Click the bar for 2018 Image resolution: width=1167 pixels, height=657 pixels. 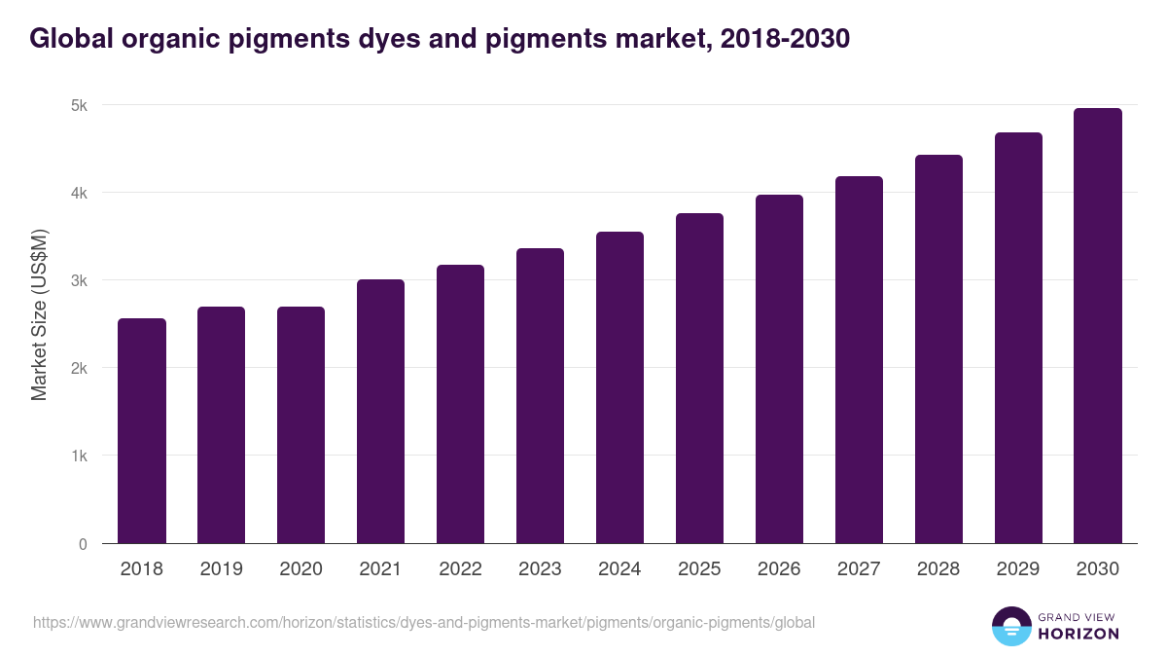click(x=142, y=430)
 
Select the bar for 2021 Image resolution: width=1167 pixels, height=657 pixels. click(x=380, y=411)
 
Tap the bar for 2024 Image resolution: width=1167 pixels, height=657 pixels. click(x=619, y=387)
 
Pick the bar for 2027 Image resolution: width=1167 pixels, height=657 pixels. click(x=859, y=359)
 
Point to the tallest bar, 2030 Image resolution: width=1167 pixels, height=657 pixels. click(x=1098, y=325)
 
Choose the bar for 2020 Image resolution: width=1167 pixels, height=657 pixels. click(x=301, y=424)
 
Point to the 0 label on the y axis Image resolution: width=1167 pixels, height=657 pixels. click(x=84, y=544)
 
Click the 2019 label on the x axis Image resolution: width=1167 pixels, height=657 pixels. click(x=221, y=569)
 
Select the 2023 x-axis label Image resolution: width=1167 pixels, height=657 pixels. click(x=540, y=569)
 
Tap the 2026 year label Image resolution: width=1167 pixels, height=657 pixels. click(x=779, y=569)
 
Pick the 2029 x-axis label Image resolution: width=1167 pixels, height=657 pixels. click(x=1018, y=569)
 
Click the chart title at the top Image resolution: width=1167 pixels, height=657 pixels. click(x=440, y=38)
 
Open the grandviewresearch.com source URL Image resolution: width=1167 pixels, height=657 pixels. click(x=424, y=622)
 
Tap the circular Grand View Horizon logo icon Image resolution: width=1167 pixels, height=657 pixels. click(x=1010, y=626)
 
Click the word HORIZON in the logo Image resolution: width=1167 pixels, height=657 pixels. click(x=1079, y=634)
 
